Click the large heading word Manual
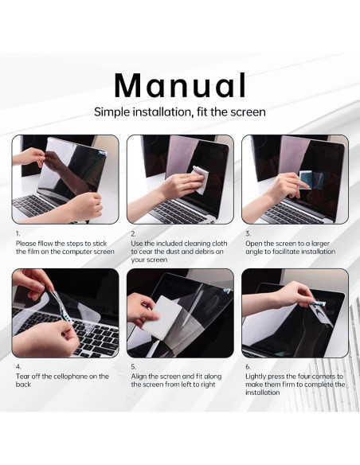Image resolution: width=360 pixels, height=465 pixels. (x=180, y=86)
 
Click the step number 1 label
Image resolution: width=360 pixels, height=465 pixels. (x=18, y=234)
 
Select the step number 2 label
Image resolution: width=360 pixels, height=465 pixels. (x=134, y=234)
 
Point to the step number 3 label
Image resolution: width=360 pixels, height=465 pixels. (x=248, y=234)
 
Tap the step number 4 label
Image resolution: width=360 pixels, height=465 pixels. (x=18, y=367)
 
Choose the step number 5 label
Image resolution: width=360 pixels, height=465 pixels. (x=134, y=367)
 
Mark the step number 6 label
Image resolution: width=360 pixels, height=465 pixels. (x=248, y=367)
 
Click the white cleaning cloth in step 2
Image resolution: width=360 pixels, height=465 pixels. (x=199, y=180)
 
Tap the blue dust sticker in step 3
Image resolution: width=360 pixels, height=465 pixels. (x=305, y=180)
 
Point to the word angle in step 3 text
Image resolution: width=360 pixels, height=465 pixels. (x=254, y=252)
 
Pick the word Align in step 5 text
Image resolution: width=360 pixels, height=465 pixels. (x=139, y=377)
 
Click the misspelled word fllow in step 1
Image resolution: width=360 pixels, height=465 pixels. (x=45, y=244)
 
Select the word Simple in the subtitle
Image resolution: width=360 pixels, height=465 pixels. (x=112, y=112)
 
